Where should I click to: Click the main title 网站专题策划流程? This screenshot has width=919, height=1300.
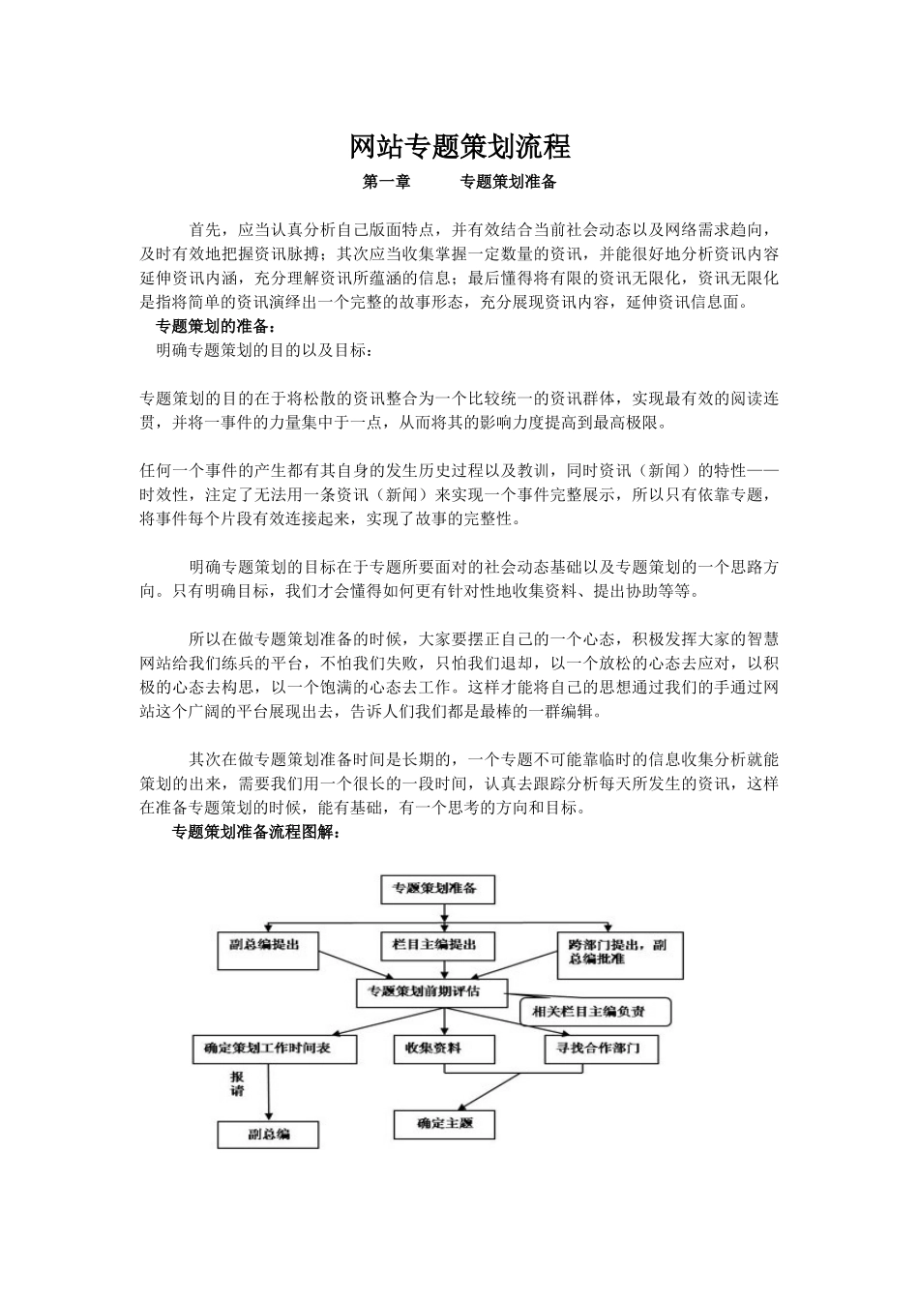[459, 147]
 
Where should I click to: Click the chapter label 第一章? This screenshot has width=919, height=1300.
[386, 182]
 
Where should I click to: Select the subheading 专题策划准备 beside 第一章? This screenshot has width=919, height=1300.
[507, 182]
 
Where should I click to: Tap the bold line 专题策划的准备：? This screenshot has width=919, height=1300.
[215, 326]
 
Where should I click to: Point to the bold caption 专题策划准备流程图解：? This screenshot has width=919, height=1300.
[255, 832]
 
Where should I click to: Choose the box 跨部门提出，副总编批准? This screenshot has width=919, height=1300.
[620, 953]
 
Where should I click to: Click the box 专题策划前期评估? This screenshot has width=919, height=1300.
[431, 992]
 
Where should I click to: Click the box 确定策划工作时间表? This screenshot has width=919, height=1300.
[276, 1048]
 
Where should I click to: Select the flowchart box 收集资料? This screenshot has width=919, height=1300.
[443, 1048]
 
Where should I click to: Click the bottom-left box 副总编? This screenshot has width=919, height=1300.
[269, 1135]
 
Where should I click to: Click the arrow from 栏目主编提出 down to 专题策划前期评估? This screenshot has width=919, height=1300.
[443, 969]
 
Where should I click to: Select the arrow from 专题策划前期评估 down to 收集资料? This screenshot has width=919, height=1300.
[444, 1019]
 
